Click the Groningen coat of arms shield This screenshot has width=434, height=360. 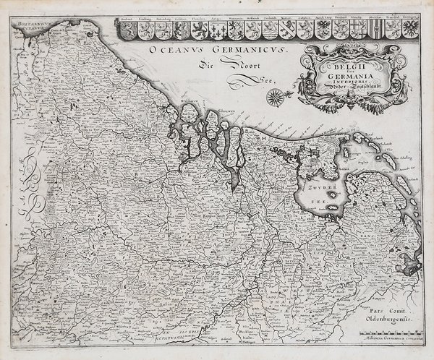click(409, 29)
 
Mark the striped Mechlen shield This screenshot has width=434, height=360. click(375, 30)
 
